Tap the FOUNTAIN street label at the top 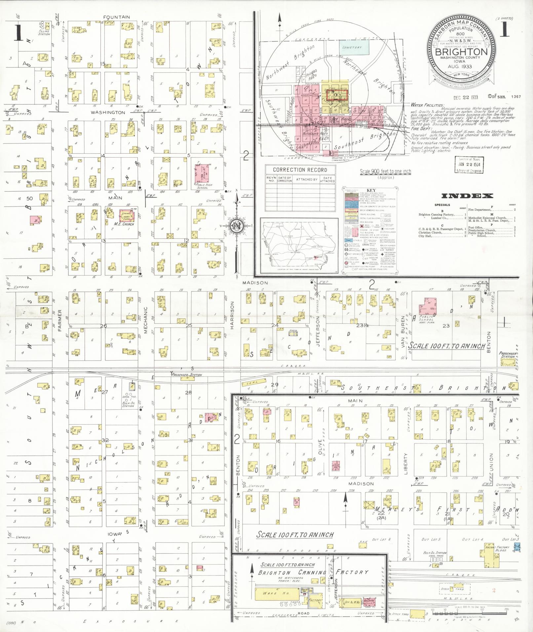click(x=116, y=17)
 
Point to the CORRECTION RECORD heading click(x=300, y=170)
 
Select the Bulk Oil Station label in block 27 click(x=128, y=405)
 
